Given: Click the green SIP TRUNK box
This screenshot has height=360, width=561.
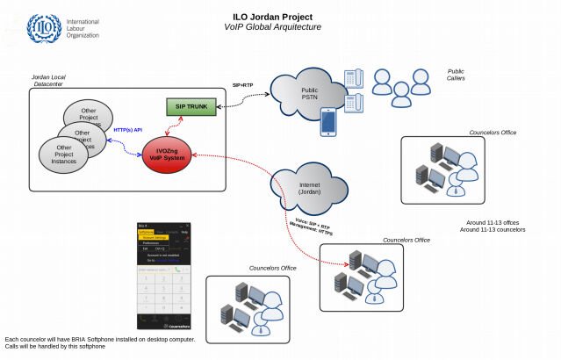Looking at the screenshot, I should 191,107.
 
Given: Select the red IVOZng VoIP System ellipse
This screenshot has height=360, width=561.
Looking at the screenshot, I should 167,155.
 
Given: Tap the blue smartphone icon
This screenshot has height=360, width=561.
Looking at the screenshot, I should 328,121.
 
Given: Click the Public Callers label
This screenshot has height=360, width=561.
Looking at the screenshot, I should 456,75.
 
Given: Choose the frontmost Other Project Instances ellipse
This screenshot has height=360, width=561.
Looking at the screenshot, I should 64,155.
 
